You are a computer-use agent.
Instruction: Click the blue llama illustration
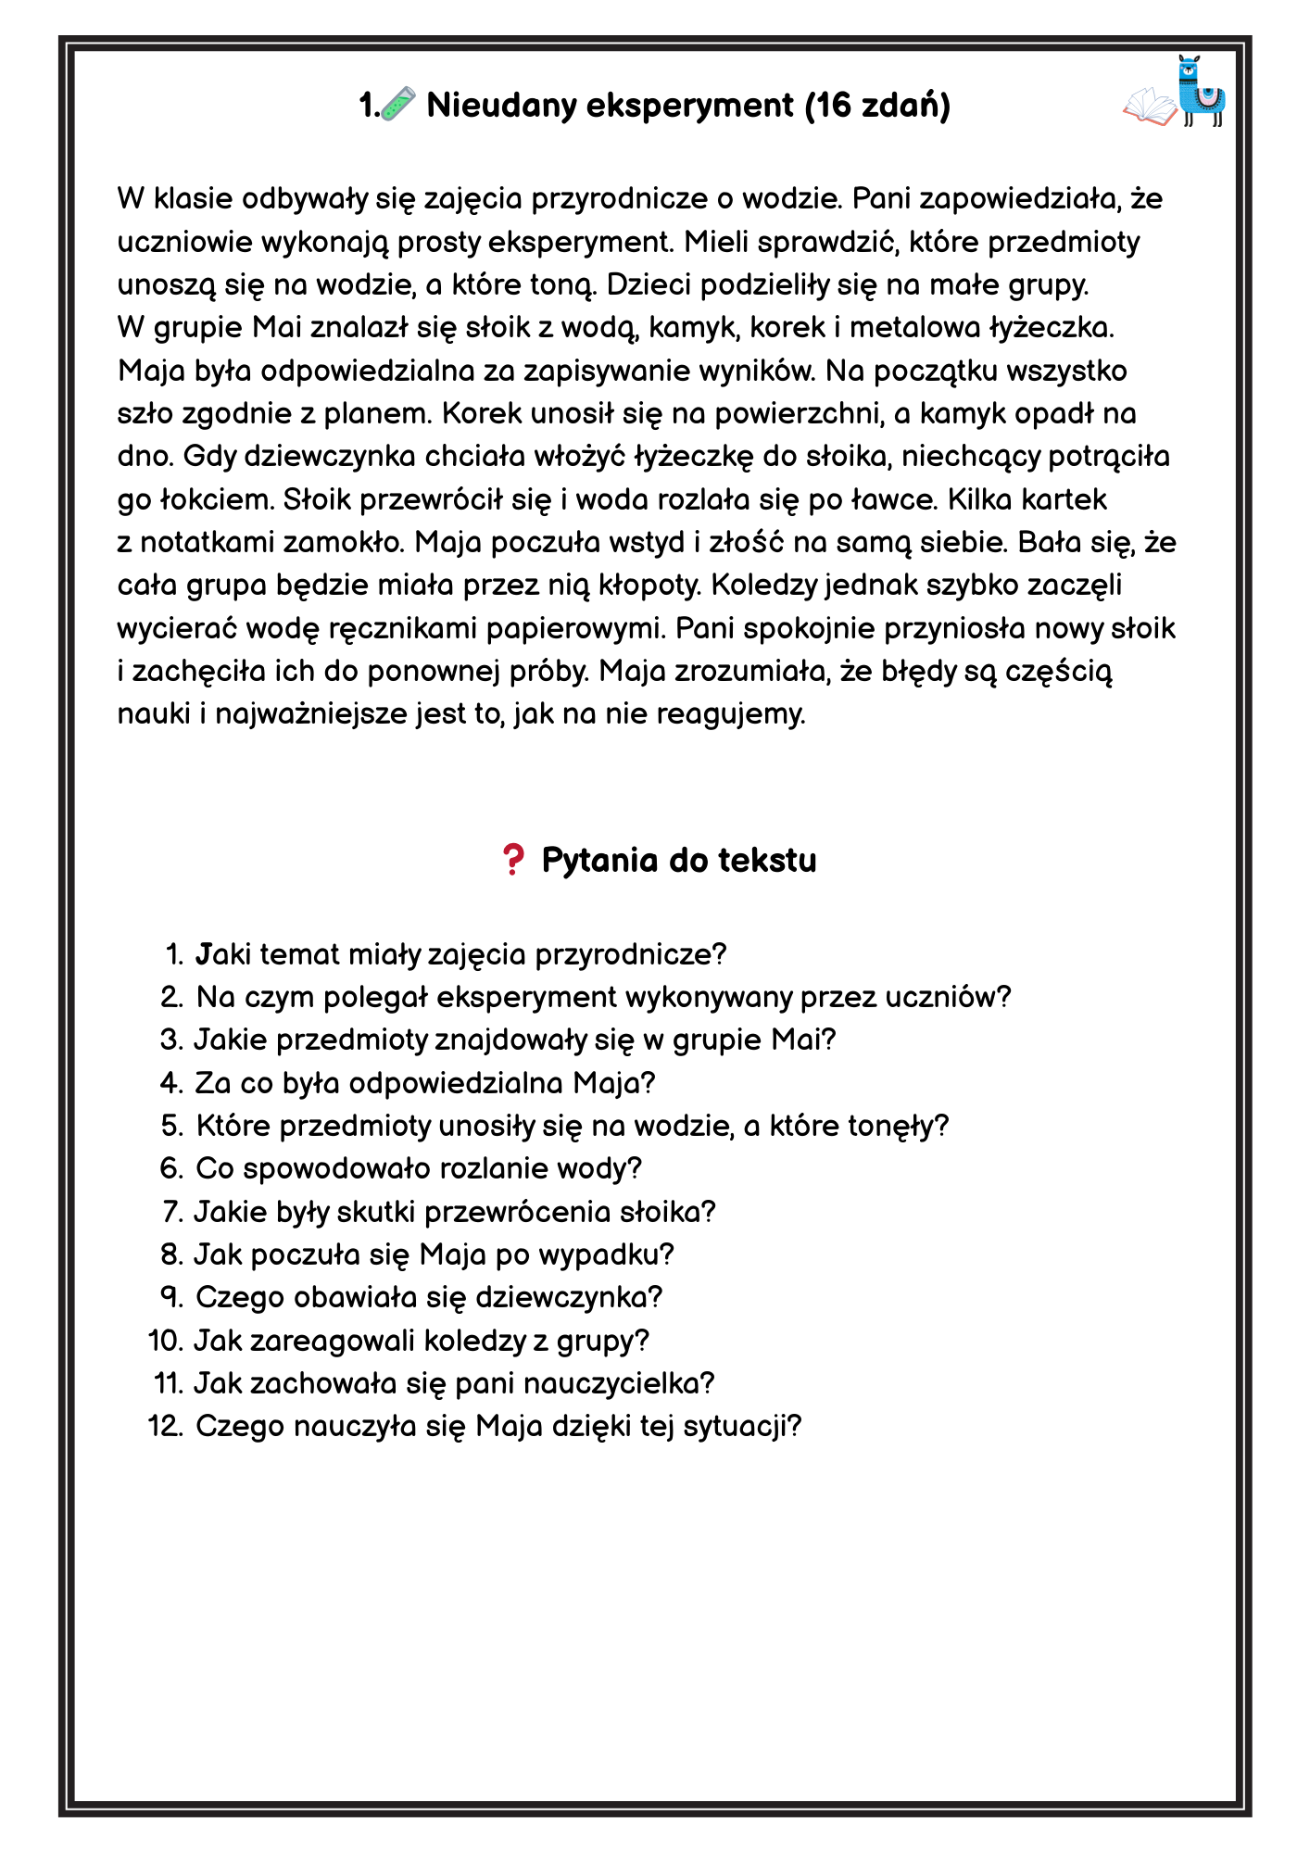coord(1202,92)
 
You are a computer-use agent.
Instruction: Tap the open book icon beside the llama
coord(1149,106)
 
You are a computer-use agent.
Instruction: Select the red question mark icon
coord(511,860)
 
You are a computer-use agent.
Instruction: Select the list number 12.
coord(165,1426)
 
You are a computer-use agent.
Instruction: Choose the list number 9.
coord(171,1297)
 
